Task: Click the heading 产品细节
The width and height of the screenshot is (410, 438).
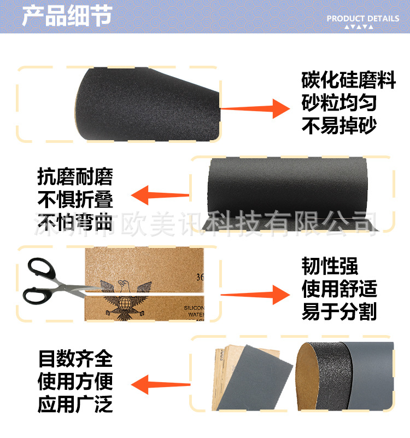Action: tap(67, 17)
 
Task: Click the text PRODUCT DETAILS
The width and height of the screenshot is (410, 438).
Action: tap(363, 18)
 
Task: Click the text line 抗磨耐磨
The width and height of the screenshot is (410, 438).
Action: tap(75, 177)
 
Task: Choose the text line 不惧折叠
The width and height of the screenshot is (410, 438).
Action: tap(75, 199)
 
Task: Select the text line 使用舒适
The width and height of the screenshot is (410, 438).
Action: tap(339, 289)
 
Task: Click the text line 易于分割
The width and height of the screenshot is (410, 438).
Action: tap(339, 312)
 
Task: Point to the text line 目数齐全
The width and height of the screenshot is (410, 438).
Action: tap(75, 359)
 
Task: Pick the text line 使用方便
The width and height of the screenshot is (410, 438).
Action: tap(75, 382)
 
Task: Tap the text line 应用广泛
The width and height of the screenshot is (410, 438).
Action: tap(75, 405)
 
